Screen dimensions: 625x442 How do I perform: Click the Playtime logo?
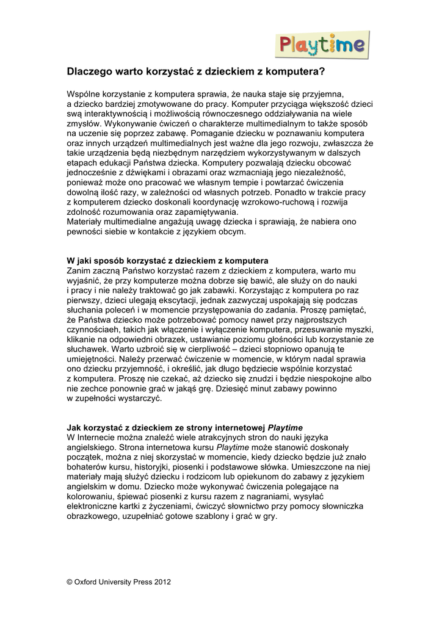click(324, 45)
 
